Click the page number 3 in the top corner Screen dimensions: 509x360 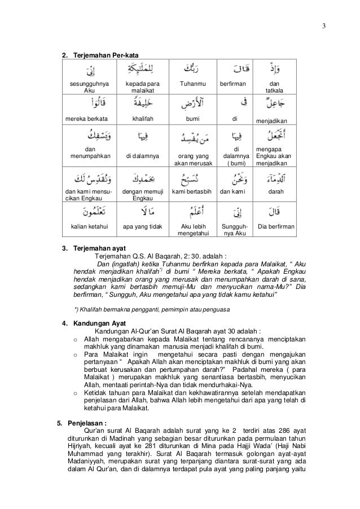(x=323, y=24)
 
